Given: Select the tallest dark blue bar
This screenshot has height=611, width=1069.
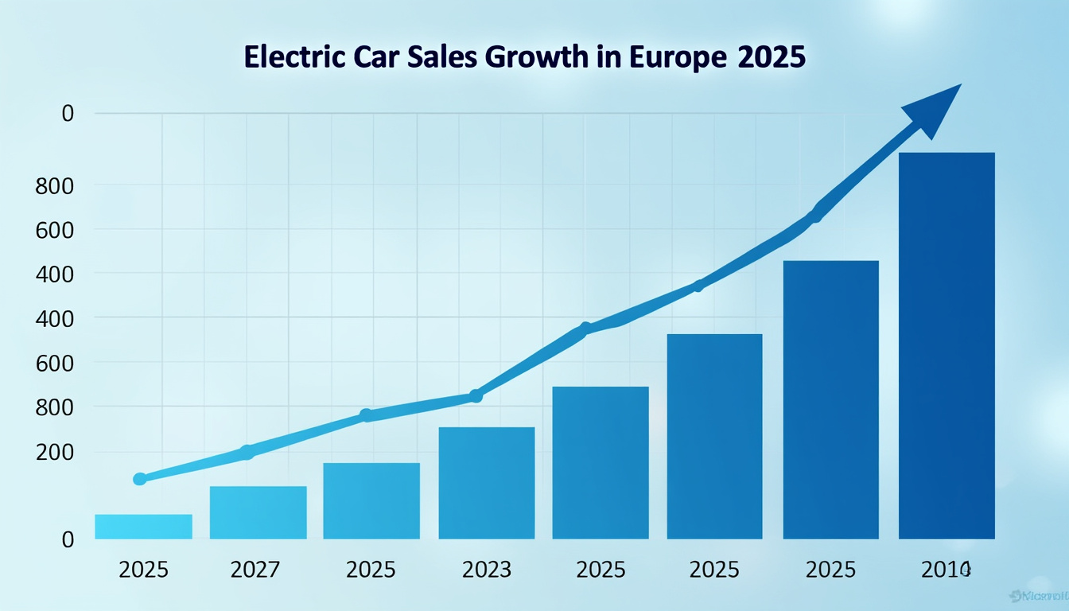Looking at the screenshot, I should click(947, 345).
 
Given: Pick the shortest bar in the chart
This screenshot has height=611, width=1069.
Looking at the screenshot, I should click(143, 527).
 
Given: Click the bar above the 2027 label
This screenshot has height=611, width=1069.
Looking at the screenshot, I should click(258, 512).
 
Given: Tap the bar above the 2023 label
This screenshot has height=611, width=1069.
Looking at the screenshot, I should click(487, 483).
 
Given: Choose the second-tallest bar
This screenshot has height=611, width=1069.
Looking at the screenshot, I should click(830, 399).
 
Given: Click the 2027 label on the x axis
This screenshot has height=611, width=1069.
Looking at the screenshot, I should click(255, 570).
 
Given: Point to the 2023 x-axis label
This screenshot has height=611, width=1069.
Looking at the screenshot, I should click(487, 570).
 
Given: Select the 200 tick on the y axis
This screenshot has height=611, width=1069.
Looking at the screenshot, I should click(55, 452).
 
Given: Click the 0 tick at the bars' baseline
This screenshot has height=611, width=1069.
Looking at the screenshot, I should click(68, 539).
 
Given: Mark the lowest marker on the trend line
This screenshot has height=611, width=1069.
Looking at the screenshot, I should click(140, 479).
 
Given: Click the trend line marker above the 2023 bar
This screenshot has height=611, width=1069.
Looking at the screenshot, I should click(476, 395).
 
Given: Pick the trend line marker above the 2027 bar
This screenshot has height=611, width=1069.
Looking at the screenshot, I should click(247, 453).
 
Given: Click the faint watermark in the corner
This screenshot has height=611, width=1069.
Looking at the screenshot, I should click(1037, 594).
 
